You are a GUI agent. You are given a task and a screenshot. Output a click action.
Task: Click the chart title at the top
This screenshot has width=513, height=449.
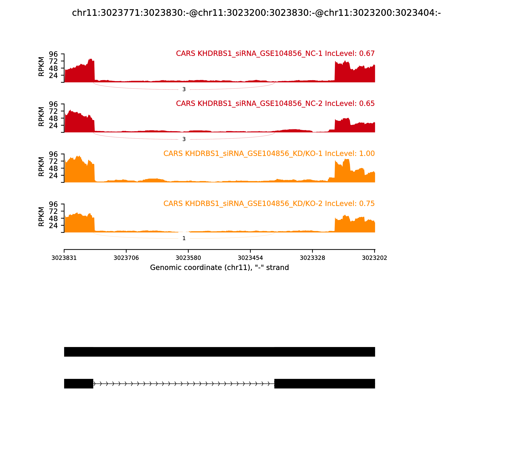point(256,13)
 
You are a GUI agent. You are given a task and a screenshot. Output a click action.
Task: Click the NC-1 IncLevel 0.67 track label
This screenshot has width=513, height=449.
point(275,53)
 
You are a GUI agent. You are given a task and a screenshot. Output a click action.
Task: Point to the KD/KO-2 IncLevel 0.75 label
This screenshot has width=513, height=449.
point(269,203)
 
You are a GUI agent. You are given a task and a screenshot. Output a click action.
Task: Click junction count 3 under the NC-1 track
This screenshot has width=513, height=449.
point(184,89)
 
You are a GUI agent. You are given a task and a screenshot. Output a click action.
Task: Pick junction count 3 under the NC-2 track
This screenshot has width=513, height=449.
point(184,139)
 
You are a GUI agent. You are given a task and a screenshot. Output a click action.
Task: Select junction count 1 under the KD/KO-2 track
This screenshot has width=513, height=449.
point(184,238)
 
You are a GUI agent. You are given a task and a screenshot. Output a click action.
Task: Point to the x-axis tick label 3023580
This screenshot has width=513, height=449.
point(188,258)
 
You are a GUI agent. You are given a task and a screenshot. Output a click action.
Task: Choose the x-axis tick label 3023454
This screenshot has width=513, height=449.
point(250,258)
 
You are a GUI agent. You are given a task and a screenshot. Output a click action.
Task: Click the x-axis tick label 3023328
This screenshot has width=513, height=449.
point(312,258)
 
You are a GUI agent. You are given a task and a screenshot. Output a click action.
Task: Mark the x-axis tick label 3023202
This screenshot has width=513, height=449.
point(374,258)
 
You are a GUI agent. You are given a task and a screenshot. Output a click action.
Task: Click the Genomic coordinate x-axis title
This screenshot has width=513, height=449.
point(219,268)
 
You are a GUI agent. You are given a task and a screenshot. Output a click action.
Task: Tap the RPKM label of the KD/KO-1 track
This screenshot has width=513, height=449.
point(41,167)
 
